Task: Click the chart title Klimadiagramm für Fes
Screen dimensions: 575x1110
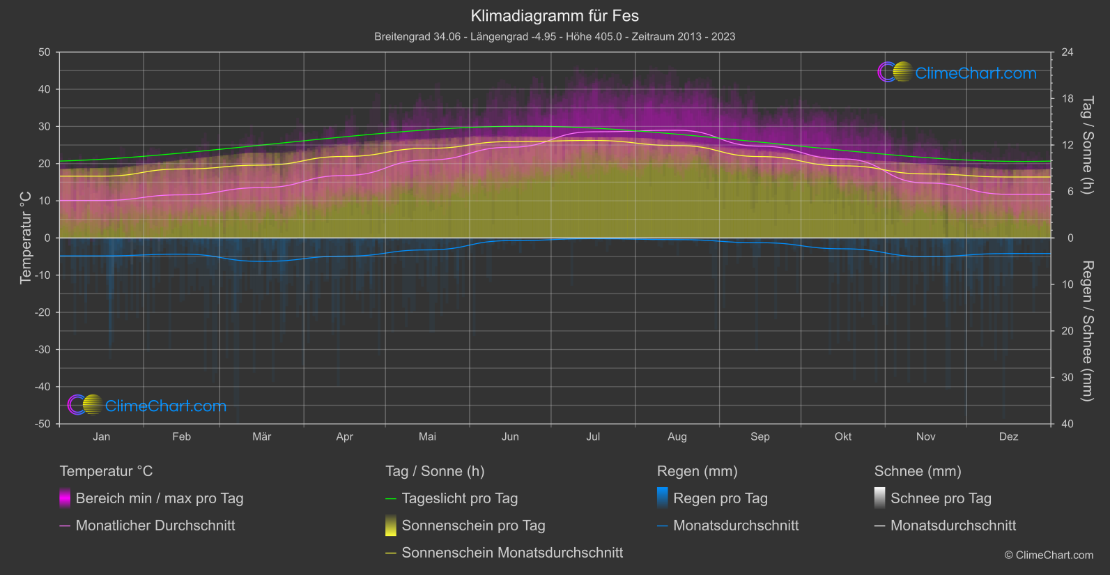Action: tap(555, 16)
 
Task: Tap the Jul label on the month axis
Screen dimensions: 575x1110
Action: tap(593, 436)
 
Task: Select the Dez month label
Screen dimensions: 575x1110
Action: tap(1008, 436)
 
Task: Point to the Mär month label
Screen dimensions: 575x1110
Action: tap(261, 436)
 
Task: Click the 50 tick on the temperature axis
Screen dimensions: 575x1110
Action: tap(45, 52)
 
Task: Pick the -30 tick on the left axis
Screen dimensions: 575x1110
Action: tap(43, 350)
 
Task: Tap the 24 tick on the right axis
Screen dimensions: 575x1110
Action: tap(1067, 52)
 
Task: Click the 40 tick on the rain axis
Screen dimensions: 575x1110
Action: tap(1067, 424)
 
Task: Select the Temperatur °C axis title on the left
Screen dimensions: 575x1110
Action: tap(26, 238)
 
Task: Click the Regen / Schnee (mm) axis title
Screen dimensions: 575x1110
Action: tap(1087, 331)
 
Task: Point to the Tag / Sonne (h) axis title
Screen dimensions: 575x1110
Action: tap(1087, 145)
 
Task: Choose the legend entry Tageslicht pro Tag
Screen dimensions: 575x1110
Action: tap(459, 498)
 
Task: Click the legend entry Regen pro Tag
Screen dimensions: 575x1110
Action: tap(720, 498)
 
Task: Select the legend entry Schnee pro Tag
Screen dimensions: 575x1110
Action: tap(940, 498)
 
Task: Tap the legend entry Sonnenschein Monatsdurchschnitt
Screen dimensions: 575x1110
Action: tap(512, 553)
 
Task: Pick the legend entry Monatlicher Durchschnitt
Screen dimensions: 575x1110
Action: tap(155, 526)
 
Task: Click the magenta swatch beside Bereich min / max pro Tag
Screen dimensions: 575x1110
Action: tap(65, 498)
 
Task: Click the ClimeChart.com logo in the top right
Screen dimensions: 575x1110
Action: tap(957, 72)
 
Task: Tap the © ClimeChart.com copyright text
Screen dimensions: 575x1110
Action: tap(1049, 555)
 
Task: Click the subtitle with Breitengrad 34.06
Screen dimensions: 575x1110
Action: tap(555, 36)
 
